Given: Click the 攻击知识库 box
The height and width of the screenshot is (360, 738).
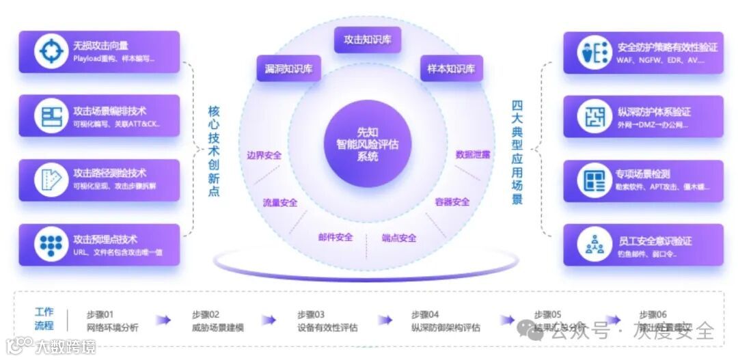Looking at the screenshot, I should [x=368, y=40].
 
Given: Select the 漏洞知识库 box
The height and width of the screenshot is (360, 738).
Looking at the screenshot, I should [x=288, y=68].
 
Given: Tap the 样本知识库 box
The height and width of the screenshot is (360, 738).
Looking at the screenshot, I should [x=451, y=68].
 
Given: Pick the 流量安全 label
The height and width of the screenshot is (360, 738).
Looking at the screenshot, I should [x=280, y=202].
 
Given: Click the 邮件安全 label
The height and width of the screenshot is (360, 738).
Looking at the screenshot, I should [x=336, y=237].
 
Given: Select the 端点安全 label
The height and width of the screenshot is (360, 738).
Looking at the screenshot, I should [x=399, y=238].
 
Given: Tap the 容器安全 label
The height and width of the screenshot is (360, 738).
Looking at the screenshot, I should [x=452, y=202].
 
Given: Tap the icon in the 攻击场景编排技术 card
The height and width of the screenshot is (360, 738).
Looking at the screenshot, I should [x=52, y=116].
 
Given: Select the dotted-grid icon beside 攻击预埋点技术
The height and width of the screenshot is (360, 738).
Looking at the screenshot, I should [x=52, y=245].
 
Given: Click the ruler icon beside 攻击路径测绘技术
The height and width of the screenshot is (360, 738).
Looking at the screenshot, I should [x=52, y=180].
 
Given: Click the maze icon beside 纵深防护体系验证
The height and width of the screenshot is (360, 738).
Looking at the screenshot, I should [x=593, y=116].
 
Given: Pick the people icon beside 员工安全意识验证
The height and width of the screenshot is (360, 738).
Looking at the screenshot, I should [x=593, y=245].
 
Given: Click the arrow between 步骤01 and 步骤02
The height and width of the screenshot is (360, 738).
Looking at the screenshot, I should [x=163, y=320].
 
